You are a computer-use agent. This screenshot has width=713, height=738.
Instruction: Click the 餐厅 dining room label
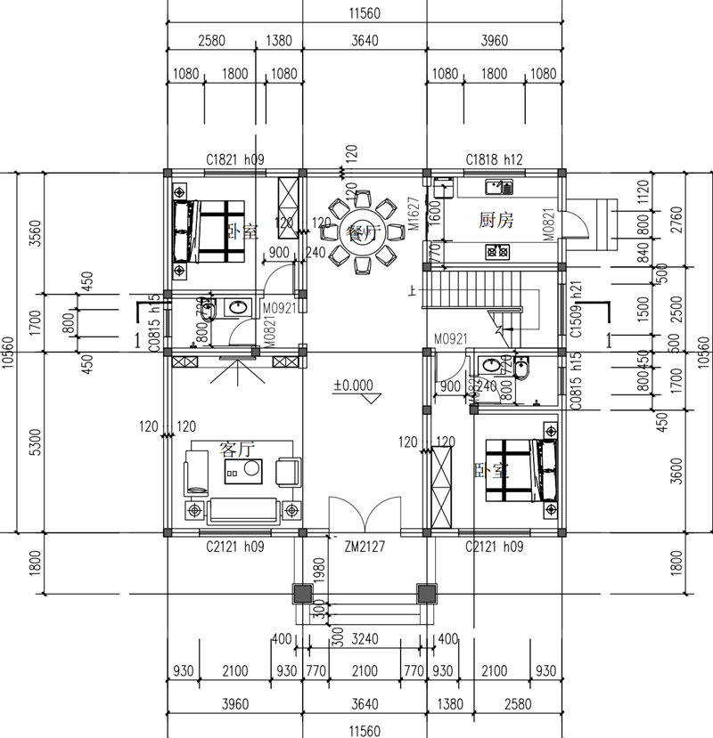[x=363, y=234]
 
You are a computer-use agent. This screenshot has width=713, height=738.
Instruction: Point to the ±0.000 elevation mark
[x=353, y=385]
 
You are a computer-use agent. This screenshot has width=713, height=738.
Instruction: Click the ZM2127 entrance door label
[x=364, y=547]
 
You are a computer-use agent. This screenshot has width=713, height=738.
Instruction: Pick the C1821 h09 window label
[x=235, y=159]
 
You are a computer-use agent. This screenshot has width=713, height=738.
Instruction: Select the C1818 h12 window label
[x=494, y=159]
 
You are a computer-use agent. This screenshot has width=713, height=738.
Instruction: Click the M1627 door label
[x=414, y=214]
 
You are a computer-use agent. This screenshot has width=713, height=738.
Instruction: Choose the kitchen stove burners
[x=496, y=252]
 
